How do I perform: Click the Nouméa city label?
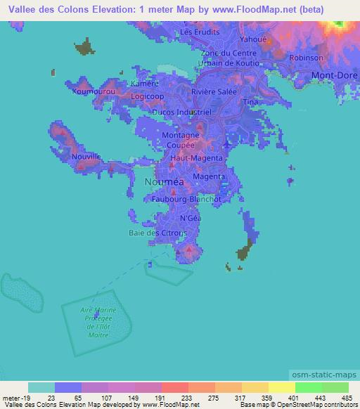(164, 181)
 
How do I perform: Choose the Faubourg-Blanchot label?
(186, 199)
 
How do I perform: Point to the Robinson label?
(306, 58)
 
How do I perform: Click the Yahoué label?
(254, 39)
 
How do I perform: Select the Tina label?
(250, 102)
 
